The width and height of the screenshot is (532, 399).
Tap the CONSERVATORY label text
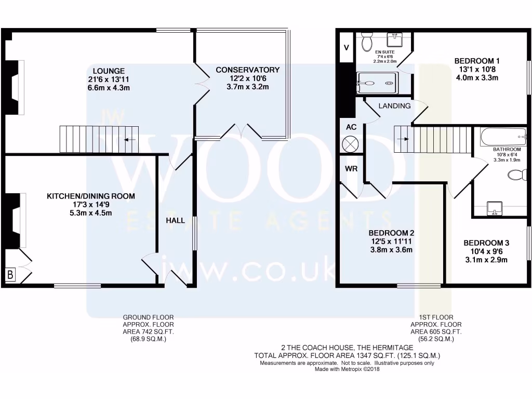click(247, 70)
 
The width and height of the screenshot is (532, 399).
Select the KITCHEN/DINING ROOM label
click(91, 196)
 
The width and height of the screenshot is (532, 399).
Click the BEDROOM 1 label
click(476, 60)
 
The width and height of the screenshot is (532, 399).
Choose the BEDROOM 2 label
click(391, 233)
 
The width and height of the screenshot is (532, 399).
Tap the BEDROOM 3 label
click(486, 243)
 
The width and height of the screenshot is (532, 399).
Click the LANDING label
click(394, 106)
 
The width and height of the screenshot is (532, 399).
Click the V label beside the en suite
click(347, 47)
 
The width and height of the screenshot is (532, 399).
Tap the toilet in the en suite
click(367, 41)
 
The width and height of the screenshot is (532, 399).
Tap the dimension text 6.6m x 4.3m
click(109, 88)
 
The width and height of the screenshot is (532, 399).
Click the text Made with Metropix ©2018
click(347, 369)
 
